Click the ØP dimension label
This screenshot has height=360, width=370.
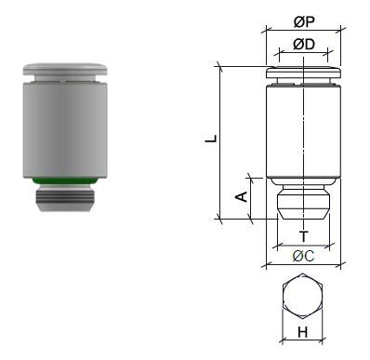point(304,21)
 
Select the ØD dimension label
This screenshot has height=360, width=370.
point(303,44)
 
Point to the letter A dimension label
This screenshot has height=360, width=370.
point(241,197)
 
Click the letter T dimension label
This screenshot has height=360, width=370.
point(303,236)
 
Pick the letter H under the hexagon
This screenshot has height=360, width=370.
point(303,331)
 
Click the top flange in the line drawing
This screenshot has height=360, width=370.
point(303,72)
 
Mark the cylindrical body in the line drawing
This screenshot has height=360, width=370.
point(303,130)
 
